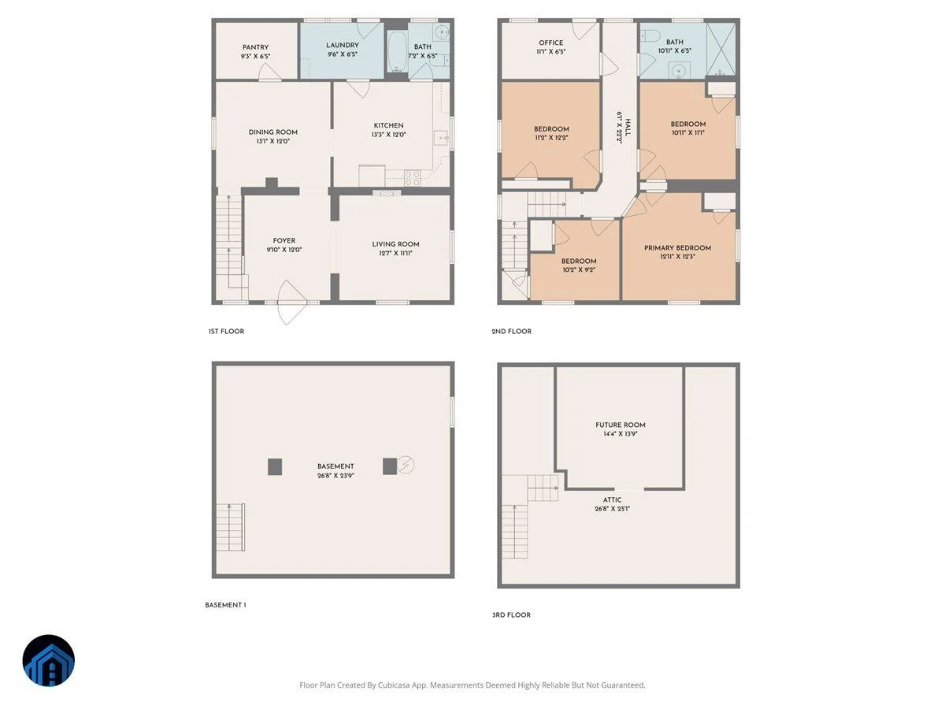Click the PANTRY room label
[255, 47]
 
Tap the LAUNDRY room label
[343, 45]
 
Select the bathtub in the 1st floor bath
[397, 51]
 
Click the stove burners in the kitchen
[412, 178]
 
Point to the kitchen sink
[440, 138]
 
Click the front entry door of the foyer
[292, 302]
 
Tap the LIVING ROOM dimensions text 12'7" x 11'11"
[395, 253]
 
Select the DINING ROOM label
[273, 132]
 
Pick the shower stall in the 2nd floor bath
[721, 48]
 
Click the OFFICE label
[550, 43]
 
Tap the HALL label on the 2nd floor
[628, 128]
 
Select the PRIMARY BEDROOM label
[677, 247]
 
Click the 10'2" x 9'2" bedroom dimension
[579, 270]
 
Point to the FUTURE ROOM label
[620, 425]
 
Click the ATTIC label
[612, 499]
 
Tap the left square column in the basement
[275, 466]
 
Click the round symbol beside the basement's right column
[405, 465]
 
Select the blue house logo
[49, 660]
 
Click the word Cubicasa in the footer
[394, 685]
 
